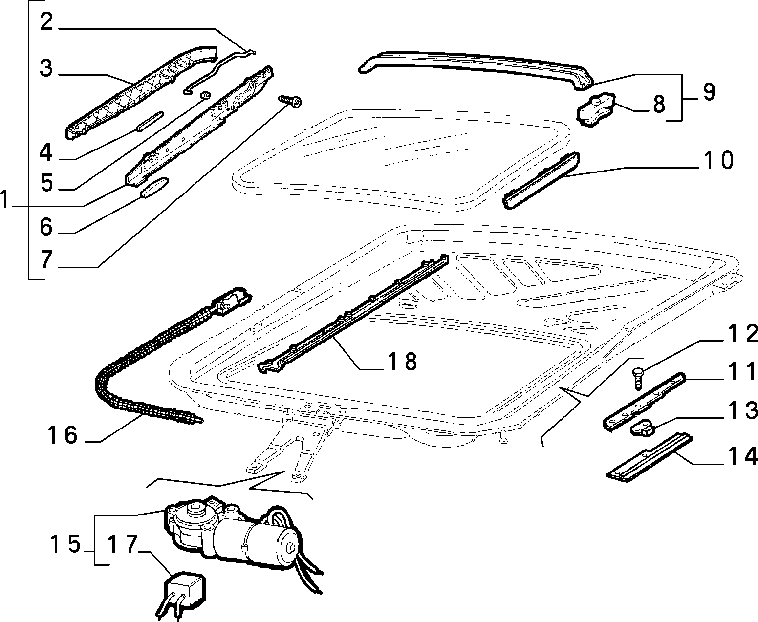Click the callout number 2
point(46,22)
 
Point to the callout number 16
point(63,435)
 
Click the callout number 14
point(743,456)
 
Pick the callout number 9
point(709,92)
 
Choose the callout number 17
point(123,544)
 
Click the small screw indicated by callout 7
point(290,101)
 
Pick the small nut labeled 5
point(205,96)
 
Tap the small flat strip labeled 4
point(150,122)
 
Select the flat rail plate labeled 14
point(650,457)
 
